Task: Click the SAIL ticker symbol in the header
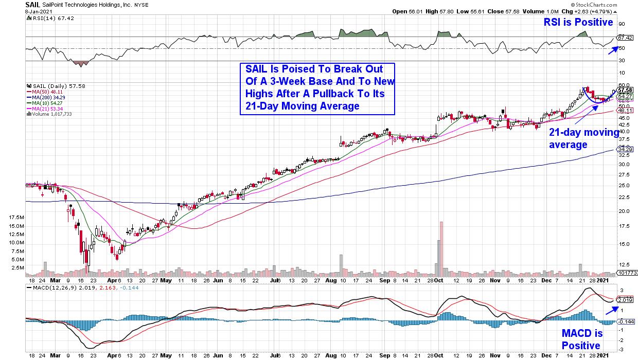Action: coord(32,4)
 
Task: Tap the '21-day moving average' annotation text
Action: coord(584,139)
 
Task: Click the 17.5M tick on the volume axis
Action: coord(16,218)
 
